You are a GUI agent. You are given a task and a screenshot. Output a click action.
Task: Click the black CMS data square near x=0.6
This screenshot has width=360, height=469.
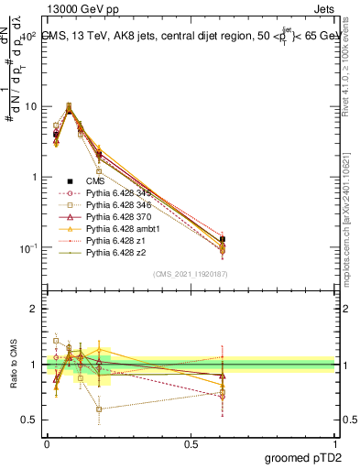(x=223, y=240)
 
